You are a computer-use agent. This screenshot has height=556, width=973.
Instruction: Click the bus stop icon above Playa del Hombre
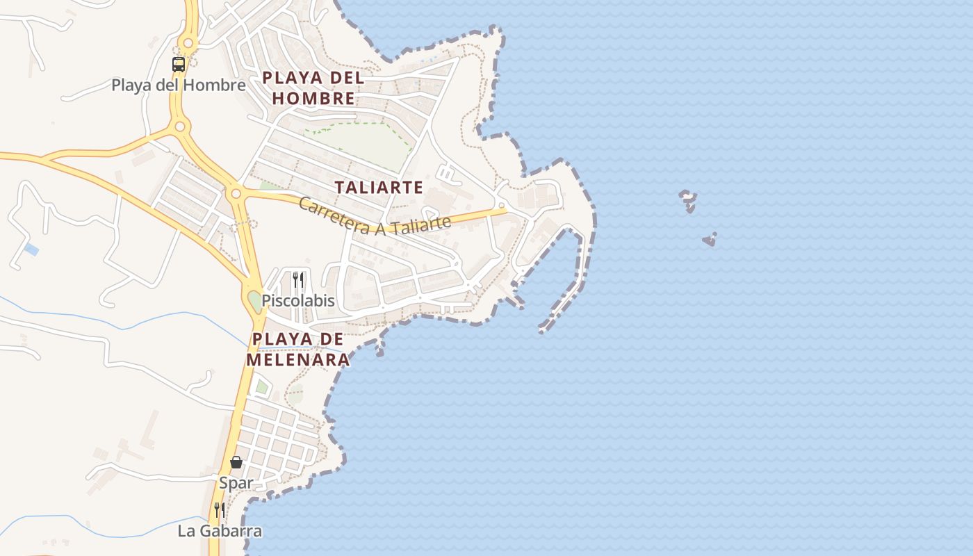click(179, 65)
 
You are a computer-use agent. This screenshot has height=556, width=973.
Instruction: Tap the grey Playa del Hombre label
click(179, 85)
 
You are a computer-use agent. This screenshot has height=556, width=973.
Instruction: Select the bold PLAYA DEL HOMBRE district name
click(313, 88)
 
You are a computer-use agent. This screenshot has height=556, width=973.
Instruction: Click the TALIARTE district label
click(379, 188)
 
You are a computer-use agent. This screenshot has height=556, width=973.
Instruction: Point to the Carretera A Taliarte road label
click(375, 218)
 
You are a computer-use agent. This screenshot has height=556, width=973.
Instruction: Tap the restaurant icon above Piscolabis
click(298, 280)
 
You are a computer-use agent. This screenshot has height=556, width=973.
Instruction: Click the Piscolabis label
click(298, 301)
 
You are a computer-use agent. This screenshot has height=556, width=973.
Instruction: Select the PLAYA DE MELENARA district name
click(297, 350)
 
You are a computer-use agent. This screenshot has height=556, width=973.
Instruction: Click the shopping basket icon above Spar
click(236, 462)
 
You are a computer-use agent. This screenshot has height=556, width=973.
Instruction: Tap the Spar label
click(236, 482)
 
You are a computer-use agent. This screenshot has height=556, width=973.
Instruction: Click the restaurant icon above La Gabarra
click(220, 510)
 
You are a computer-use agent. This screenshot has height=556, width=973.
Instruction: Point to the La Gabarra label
click(220, 531)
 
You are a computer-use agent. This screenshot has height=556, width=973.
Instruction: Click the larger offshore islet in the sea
click(688, 200)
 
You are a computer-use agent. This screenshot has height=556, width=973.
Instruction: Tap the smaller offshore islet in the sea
click(710, 240)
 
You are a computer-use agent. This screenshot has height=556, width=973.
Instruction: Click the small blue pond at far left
click(31, 249)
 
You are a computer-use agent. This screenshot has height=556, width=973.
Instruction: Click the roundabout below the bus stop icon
click(180, 126)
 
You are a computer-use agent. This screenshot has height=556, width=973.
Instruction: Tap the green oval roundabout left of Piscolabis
click(254, 301)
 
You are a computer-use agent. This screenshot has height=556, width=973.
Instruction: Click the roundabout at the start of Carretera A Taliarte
click(236, 193)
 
